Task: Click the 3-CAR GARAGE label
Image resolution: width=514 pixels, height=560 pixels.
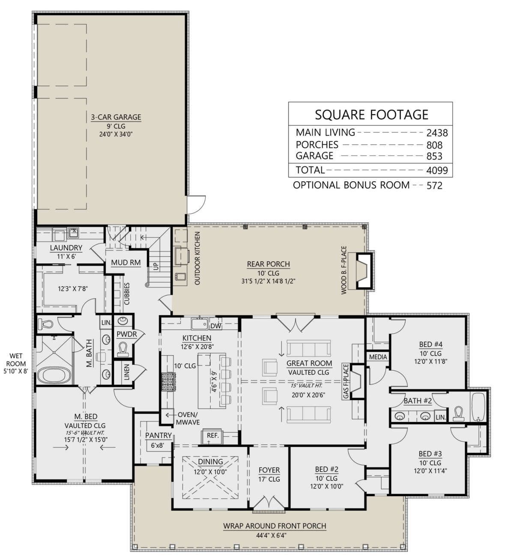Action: [x=116, y=117]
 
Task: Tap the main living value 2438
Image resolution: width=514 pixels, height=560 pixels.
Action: [x=437, y=133]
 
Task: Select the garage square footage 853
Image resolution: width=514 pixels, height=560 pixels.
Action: [x=434, y=156]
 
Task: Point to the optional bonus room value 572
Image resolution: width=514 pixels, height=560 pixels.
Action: [x=434, y=186]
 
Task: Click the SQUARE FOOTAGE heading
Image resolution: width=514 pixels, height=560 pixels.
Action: [x=372, y=115]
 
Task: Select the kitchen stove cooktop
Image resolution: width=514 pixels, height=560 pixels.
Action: [x=169, y=382]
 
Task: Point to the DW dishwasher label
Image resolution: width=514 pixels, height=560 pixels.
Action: [x=215, y=326]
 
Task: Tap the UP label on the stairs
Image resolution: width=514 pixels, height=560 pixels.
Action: [x=156, y=267]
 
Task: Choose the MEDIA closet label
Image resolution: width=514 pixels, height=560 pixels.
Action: [x=378, y=357]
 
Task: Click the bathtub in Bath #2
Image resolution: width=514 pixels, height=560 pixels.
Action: [x=479, y=407]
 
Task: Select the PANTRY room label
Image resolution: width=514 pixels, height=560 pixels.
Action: [x=158, y=435]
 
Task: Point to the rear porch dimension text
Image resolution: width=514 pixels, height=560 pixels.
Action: [x=268, y=281]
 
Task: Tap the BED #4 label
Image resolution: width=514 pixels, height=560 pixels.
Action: [x=430, y=344]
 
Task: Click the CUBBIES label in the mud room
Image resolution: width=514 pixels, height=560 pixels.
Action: [x=127, y=293]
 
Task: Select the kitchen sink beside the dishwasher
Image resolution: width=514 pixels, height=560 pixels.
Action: [x=199, y=323]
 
